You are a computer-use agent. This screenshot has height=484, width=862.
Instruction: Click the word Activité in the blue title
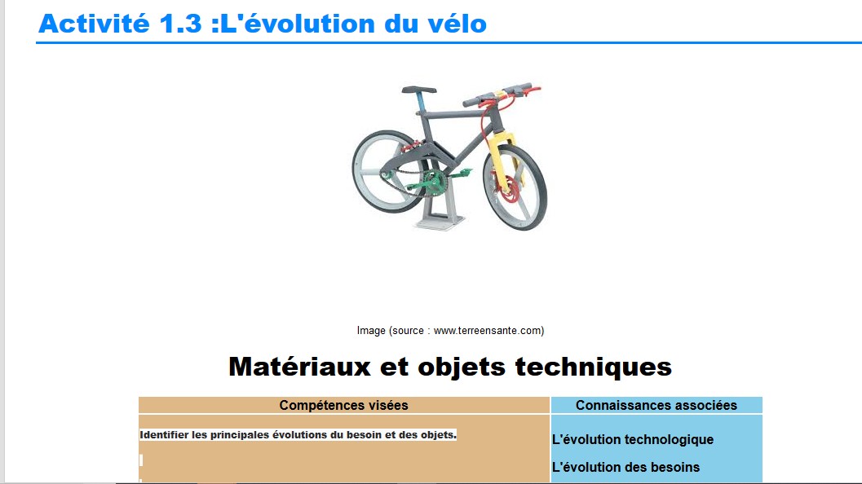tap(94, 24)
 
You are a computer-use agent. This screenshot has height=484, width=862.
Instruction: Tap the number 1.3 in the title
tap(180, 24)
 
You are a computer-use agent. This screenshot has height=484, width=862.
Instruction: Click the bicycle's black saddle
tap(419, 90)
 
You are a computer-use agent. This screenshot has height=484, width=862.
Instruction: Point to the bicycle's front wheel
tap(515, 187)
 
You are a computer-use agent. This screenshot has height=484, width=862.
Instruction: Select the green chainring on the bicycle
tap(434, 182)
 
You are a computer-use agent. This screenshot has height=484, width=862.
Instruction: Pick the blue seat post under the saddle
tap(422, 102)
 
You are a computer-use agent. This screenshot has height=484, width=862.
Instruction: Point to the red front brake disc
tap(510, 190)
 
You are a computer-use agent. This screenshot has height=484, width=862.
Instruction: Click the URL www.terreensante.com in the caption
tap(488, 331)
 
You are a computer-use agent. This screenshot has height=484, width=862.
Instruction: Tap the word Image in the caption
tap(371, 331)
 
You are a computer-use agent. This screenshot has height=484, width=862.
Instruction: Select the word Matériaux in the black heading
tap(299, 367)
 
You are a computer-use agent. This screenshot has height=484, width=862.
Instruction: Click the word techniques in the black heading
tap(593, 367)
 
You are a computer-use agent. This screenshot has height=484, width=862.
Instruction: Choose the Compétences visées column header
tap(343, 406)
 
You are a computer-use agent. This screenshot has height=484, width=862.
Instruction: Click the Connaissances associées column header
tap(656, 406)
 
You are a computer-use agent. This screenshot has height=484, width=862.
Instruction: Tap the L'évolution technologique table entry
tap(633, 439)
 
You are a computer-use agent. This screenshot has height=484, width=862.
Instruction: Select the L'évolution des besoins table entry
tap(626, 467)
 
